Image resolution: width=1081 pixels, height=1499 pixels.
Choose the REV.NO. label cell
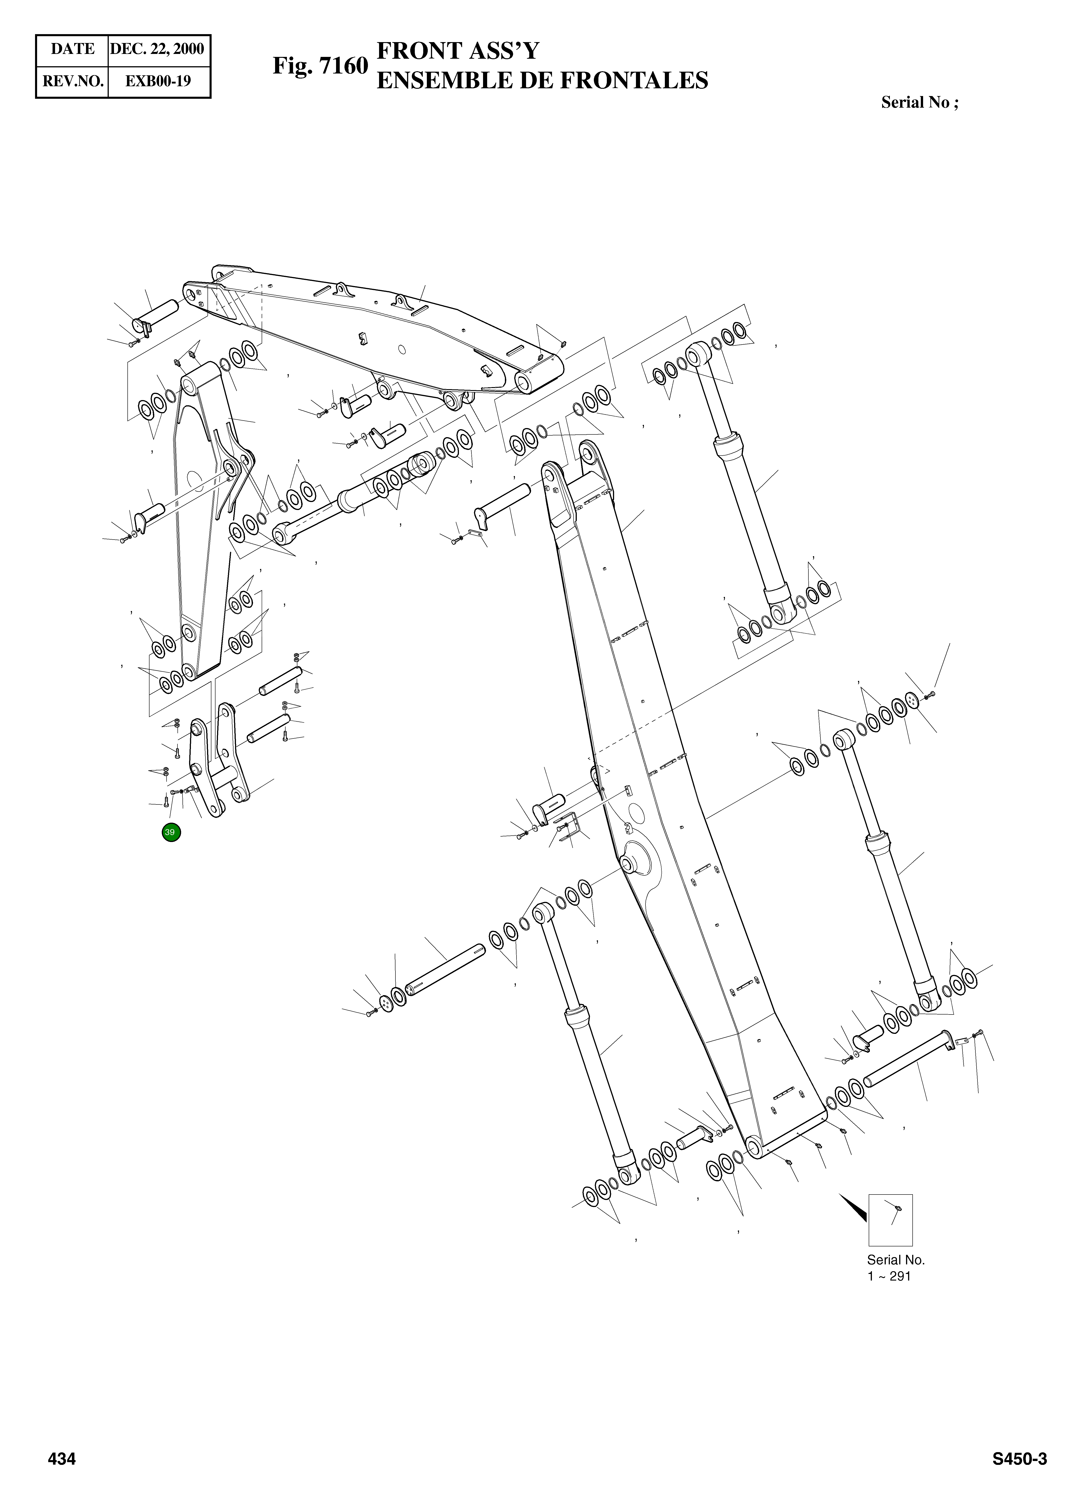(x=73, y=81)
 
